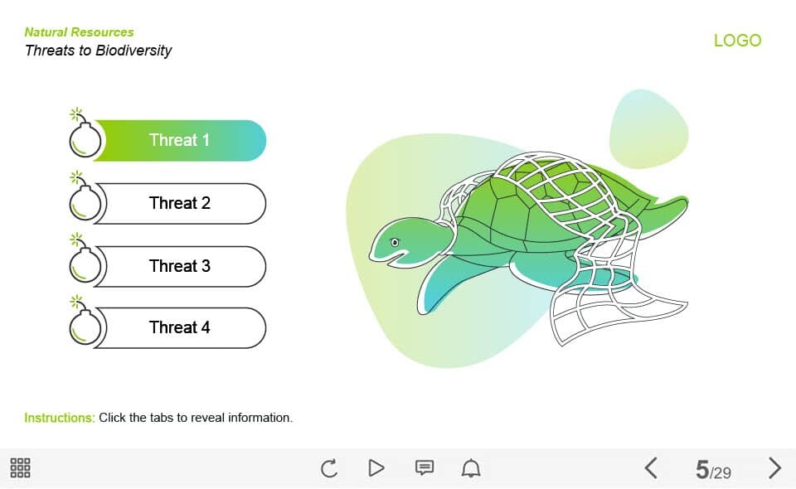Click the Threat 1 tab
point(180,141)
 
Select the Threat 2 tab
point(180,203)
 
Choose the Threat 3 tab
point(180,266)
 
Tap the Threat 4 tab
point(180,327)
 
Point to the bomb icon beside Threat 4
point(85,321)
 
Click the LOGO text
point(738,41)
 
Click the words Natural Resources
point(80,32)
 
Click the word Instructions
point(60,418)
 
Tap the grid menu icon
point(20,467)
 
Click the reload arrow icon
point(329,467)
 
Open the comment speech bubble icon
point(425,467)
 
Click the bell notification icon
point(471,467)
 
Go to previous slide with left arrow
point(652,467)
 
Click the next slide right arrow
point(774,467)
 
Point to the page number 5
point(702,470)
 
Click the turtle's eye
point(395,243)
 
